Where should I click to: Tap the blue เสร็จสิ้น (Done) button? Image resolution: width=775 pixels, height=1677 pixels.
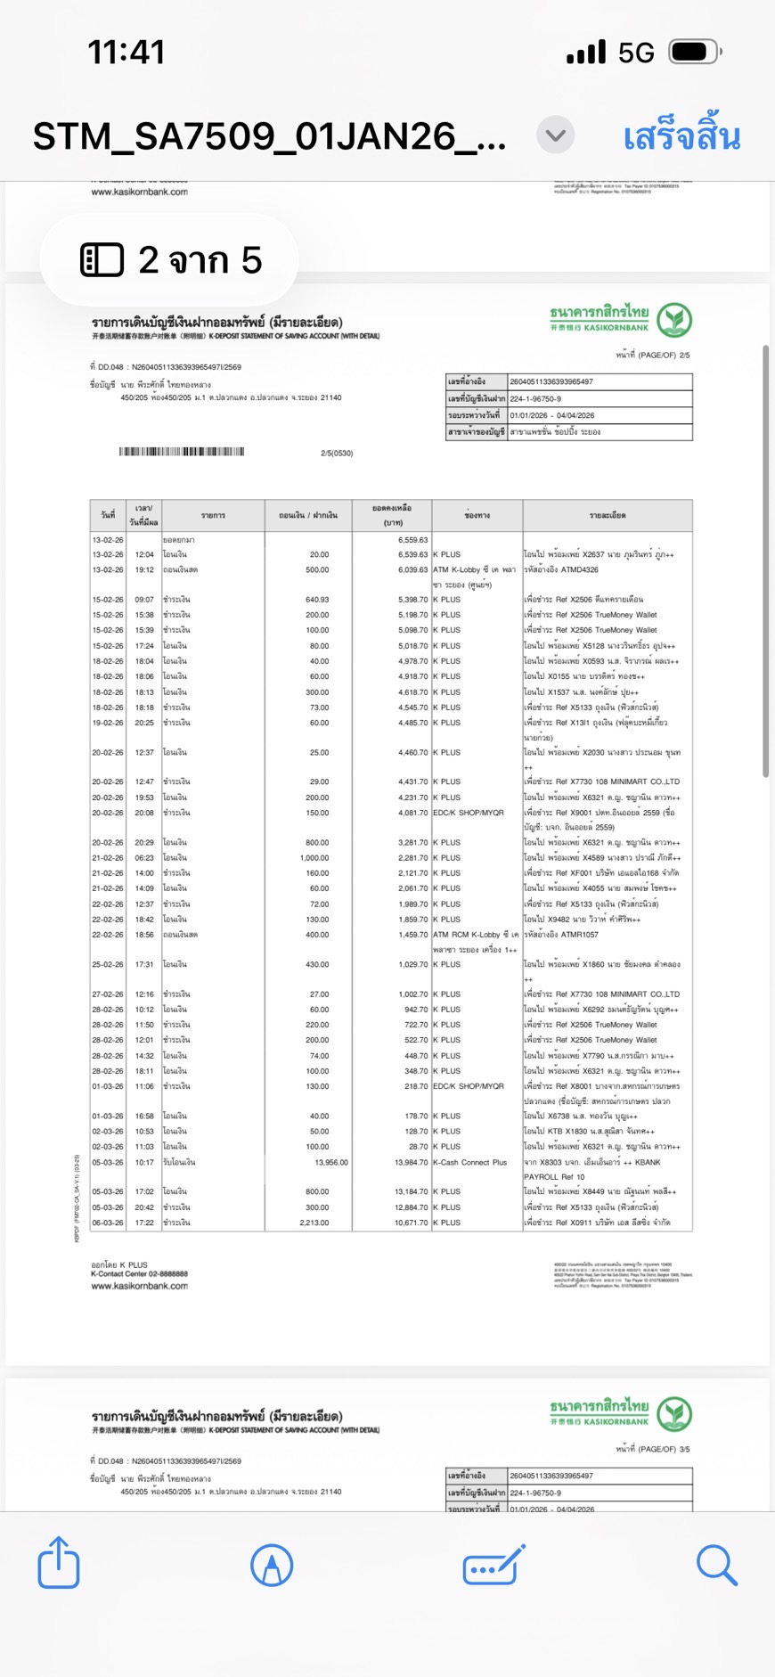[x=681, y=137]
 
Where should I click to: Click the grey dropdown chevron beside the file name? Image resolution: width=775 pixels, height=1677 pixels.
[x=555, y=135]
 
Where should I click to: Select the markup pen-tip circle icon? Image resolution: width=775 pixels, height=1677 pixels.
[x=272, y=1565]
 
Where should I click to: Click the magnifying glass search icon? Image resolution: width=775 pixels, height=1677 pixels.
[x=716, y=1565]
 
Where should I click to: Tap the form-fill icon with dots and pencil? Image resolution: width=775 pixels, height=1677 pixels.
[x=494, y=1565]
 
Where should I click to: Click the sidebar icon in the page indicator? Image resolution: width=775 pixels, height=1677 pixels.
[x=102, y=259]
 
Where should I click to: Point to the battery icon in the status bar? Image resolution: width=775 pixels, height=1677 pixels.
[x=695, y=52]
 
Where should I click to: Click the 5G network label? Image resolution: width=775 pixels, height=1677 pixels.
[x=636, y=53]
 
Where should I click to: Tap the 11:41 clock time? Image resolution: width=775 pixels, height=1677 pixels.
[x=126, y=53]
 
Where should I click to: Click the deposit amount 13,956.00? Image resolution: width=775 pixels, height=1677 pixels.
[x=331, y=1162]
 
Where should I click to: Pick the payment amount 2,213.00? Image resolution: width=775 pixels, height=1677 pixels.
[x=314, y=1223]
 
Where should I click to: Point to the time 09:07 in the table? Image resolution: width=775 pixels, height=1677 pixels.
[x=144, y=600]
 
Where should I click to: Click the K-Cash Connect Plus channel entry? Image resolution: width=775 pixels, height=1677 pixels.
[x=469, y=1162]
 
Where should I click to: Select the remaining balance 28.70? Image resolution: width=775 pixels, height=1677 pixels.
[x=418, y=1147]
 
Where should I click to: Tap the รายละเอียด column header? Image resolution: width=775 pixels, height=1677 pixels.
[x=607, y=515]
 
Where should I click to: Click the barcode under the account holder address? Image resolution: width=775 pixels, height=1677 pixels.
[x=182, y=452]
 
